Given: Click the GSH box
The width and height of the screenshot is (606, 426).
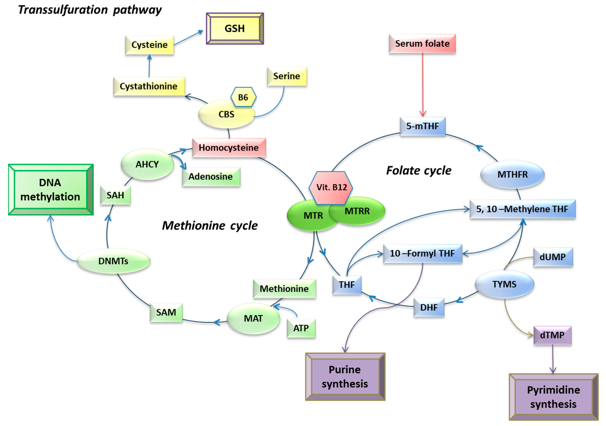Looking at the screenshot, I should pos(235,29).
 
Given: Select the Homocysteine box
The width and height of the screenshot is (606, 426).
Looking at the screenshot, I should pos(229,148).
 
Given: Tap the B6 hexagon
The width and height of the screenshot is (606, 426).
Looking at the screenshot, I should pos(243,97).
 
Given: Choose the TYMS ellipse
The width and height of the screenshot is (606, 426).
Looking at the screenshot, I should pos(504,284).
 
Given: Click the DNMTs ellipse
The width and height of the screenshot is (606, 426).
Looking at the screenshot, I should pos(114,261).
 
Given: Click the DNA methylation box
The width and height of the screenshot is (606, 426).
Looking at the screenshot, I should pos(50,190).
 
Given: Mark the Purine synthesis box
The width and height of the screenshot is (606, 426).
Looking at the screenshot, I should pos(345,377).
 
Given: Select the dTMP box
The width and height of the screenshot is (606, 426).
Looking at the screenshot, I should pos(552,335).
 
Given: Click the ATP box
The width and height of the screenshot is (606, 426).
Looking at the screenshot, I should pos(301,328).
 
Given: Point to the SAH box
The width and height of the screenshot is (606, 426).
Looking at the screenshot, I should pos(115,195).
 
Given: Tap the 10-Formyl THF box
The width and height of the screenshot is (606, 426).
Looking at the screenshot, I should pos(422,253).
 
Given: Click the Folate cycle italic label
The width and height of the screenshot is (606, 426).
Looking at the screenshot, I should pos(419,171).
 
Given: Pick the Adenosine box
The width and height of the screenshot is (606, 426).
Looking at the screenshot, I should pos(211,176).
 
